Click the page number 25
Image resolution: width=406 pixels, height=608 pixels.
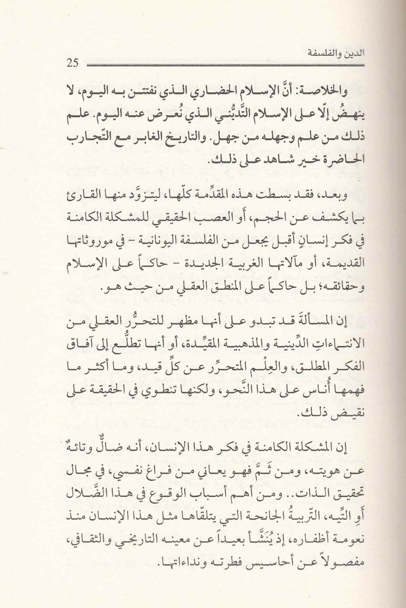pyautogui.click(x=73, y=63)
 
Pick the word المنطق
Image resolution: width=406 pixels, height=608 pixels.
pyautogui.click(x=208, y=289)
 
